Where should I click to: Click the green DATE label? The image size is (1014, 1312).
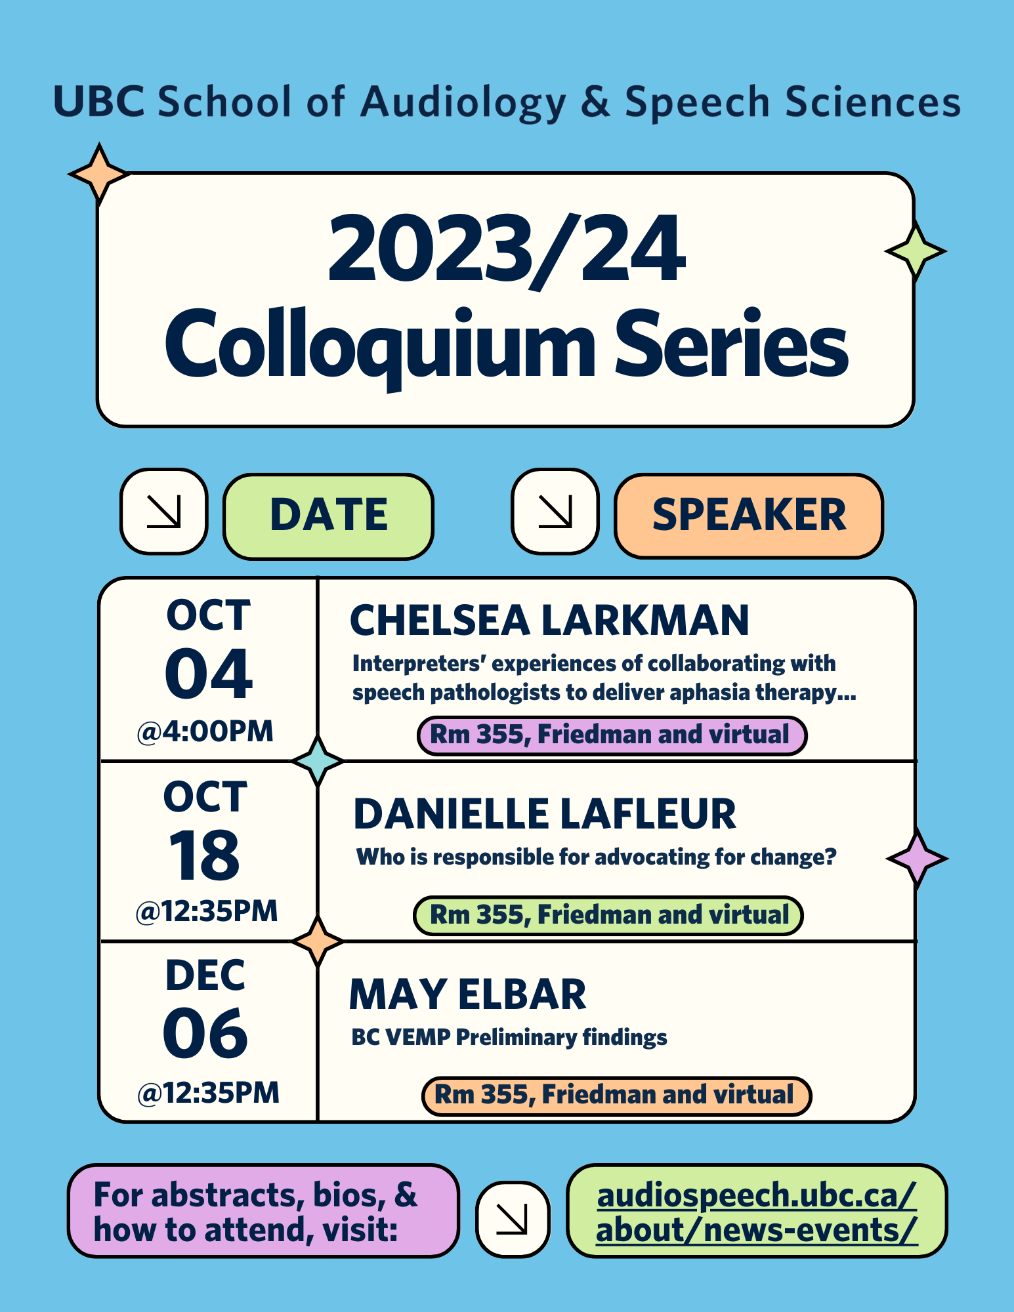click(328, 516)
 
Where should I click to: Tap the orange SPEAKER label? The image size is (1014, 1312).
click(749, 516)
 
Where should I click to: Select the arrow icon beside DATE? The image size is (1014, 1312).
click(164, 511)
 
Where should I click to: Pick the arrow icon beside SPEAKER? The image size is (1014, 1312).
click(555, 511)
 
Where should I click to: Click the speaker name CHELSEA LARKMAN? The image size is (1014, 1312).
click(549, 621)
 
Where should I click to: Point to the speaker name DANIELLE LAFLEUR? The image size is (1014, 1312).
click(545, 814)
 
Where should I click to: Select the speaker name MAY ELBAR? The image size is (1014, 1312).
click(468, 994)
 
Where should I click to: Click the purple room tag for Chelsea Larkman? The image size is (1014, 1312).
click(612, 735)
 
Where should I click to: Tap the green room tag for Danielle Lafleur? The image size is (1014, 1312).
click(608, 916)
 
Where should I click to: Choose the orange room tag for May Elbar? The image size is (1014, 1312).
click(616, 1096)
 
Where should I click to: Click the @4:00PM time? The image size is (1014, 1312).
click(205, 731)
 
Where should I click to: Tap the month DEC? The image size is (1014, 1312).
click(205, 975)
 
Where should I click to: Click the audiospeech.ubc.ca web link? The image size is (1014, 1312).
click(757, 1212)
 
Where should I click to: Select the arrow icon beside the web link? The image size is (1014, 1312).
click(513, 1220)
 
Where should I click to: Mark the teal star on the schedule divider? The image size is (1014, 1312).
click(318, 761)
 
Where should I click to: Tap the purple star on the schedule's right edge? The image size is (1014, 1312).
click(917, 859)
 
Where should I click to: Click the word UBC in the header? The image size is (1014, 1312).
click(99, 102)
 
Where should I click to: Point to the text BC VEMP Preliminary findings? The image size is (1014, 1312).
click(509, 1038)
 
